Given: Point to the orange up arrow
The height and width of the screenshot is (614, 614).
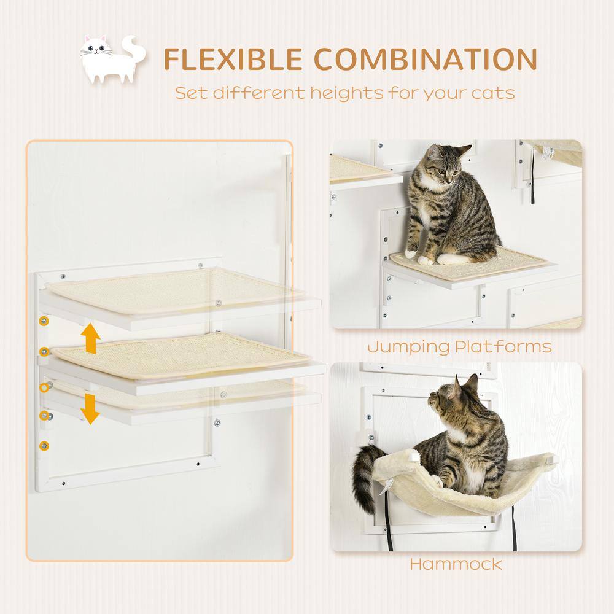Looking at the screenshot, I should [x=91, y=338].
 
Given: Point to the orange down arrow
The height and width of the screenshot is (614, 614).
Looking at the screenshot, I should [x=91, y=408].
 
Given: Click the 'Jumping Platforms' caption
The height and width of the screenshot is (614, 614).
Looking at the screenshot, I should [x=459, y=346].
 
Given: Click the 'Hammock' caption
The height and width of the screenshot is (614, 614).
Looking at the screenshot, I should [x=455, y=563].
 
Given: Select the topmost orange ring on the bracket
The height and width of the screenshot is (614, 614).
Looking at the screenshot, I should [x=44, y=322].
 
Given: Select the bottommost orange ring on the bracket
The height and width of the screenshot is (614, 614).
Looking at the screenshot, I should [x=44, y=445].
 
